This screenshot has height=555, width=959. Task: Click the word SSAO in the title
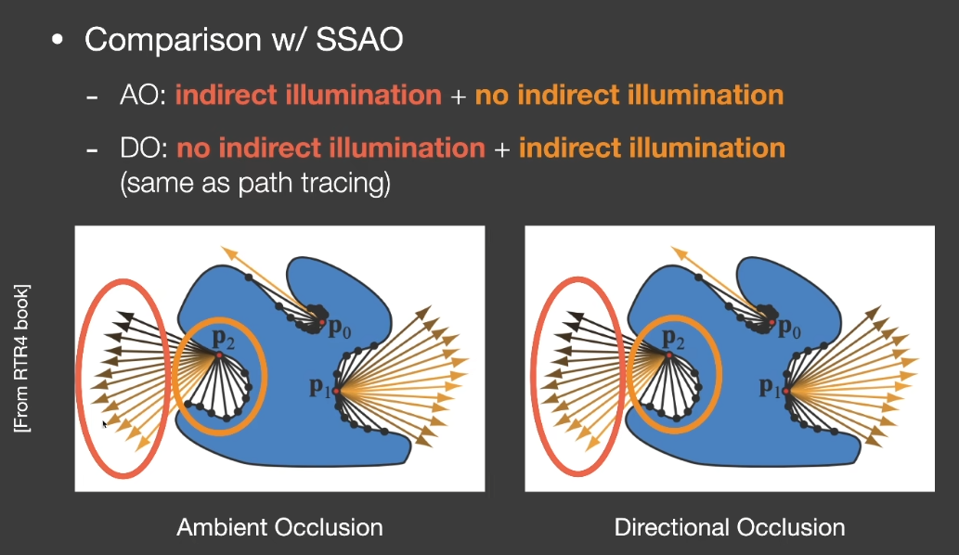[x=359, y=40]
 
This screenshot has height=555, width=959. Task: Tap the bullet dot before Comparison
[x=58, y=40]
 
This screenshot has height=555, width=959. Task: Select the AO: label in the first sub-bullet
[x=143, y=96]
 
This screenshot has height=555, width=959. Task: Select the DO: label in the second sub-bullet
[x=144, y=148]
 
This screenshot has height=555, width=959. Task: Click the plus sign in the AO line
[x=458, y=97]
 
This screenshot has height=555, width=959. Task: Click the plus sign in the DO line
[x=501, y=149]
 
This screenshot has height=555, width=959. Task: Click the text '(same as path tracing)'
[x=255, y=183]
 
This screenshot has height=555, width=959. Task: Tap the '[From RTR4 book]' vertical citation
[x=22, y=359]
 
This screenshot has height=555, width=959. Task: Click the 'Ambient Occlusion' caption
[x=279, y=527]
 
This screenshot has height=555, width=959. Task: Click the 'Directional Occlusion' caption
[x=730, y=527]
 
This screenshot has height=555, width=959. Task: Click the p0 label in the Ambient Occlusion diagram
[x=340, y=329]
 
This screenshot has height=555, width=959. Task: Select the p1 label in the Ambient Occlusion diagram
[x=320, y=387]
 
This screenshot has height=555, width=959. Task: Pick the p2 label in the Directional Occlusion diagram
[x=673, y=338]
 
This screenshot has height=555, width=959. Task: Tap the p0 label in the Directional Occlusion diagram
[x=790, y=329]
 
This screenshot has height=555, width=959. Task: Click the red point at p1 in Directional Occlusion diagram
[x=786, y=391]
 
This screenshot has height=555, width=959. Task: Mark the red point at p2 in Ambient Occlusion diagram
[x=219, y=355]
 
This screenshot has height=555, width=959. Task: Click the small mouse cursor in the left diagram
[x=105, y=423]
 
